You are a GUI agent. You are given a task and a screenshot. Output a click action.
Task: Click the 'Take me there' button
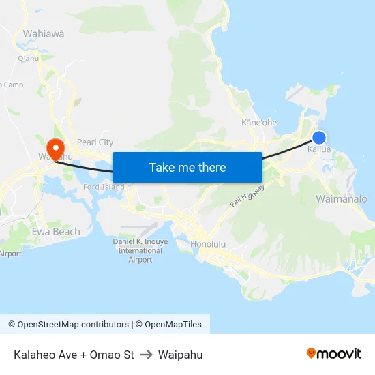[x=187, y=167]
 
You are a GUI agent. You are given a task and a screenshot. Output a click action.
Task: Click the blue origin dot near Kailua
[x=318, y=137]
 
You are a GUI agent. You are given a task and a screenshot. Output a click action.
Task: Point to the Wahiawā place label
[x=44, y=33]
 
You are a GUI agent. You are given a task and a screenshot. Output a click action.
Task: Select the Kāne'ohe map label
[x=259, y=123]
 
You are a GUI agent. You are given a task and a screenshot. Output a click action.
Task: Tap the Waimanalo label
[x=342, y=198]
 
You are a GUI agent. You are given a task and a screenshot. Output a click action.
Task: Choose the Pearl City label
[x=95, y=142]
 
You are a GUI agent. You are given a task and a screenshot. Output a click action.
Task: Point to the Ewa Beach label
[x=56, y=232]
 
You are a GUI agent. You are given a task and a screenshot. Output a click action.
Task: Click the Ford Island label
[x=104, y=187]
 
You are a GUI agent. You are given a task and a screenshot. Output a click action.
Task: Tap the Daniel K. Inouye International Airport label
[x=140, y=250]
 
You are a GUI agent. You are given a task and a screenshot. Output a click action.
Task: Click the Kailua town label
[x=319, y=149]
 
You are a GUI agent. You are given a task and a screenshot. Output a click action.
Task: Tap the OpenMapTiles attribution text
[x=172, y=325]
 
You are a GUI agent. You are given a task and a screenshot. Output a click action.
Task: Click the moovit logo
[x=334, y=354]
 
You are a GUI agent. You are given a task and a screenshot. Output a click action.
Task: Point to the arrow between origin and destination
[x=146, y=355]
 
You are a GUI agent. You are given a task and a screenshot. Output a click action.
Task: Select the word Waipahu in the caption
[x=180, y=355]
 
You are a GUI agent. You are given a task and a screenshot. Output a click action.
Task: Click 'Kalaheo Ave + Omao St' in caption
[x=74, y=355]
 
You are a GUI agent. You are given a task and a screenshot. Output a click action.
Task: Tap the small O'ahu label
[x=28, y=58]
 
